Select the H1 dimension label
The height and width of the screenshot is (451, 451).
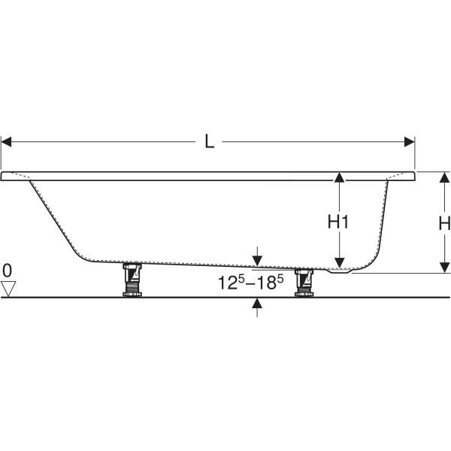click(x=340, y=222)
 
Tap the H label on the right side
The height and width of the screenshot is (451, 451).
click(x=443, y=223)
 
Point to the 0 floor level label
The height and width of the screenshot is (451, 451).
click(x=8, y=270)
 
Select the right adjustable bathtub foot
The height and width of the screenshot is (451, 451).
click(x=304, y=282)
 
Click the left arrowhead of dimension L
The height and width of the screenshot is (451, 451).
click(x=7, y=141)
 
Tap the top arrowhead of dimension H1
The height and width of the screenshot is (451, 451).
click(x=340, y=177)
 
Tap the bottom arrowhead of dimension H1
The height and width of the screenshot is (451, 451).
click(x=340, y=262)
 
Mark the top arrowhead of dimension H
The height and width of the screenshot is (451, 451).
click(x=444, y=177)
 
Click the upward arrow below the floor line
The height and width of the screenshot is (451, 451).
click(x=258, y=304)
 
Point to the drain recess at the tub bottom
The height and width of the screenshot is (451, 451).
click(x=342, y=271)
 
